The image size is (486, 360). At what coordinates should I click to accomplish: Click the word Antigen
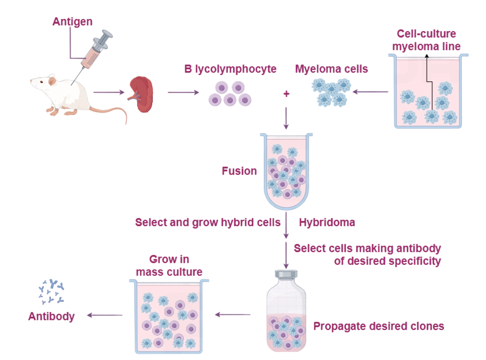click(x=73, y=22)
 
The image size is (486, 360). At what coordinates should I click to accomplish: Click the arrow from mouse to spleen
click(x=109, y=92)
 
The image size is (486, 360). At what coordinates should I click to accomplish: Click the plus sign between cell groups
click(x=287, y=93)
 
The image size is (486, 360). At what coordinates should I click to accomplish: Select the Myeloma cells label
click(x=331, y=69)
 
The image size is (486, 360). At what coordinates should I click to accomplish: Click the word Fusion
click(x=239, y=171)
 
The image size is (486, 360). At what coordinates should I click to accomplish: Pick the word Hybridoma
click(x=327, y=222)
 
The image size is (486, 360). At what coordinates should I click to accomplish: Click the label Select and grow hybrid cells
click(x=208, y=222)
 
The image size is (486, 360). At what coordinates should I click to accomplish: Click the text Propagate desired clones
click(x=379, y=326)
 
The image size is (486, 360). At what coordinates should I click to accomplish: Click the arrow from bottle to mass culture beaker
click(x=233, y=315)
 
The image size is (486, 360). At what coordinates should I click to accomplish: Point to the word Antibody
click(x=51, y=316)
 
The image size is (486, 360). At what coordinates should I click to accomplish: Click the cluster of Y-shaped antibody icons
click(x=51, y=291)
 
